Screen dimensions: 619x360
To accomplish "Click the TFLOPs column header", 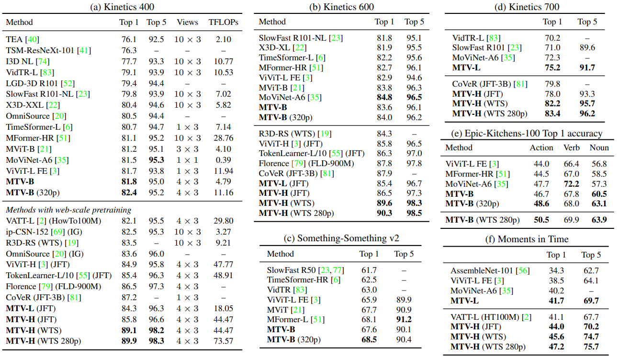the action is (223, 22).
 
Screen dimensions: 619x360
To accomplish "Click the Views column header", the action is (187, 22).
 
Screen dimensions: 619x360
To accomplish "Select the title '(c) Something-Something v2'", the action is (341, 238).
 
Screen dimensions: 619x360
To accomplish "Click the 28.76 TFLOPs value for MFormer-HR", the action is (223, 138).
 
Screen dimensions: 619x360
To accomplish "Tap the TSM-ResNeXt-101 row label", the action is (48, 50).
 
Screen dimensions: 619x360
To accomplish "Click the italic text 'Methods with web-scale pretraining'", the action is (68, 210).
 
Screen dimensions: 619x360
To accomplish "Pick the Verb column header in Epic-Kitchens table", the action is (572, 147).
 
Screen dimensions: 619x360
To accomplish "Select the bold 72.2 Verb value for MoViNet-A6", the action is (572, 184).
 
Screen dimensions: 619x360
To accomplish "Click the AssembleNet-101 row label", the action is (490, 270).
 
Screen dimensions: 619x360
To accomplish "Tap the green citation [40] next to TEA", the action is (32, 39).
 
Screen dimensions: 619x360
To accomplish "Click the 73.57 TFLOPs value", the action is (223, 341).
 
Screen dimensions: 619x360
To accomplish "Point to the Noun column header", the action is (599, 147).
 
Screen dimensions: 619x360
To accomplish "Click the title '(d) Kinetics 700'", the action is (527, 7).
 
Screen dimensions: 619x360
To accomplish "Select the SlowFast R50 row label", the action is (305, 270).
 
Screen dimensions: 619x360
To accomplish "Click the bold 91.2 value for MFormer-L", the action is (404, 319).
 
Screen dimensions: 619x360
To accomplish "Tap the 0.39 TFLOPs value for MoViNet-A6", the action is (223, 160).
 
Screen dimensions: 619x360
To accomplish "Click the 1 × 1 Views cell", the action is (187, 160).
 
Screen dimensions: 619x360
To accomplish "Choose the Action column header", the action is (541, 147).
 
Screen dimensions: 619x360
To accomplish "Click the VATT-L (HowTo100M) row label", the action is (54, 221).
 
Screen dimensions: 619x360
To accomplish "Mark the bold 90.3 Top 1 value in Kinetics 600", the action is (384, 213).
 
